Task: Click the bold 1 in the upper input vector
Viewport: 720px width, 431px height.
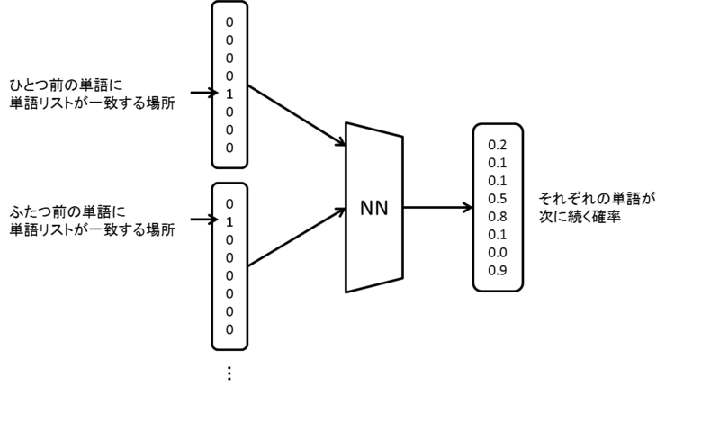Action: tap(229, 94)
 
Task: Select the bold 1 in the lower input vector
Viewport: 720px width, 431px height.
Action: tap(229, 222)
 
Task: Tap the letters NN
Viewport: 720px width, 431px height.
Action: tap(374, 208)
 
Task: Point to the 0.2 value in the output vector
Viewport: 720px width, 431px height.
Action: tap(498, 145)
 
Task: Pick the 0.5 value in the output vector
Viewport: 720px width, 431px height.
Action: tap(498, 199)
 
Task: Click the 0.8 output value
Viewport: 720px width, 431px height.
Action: tap(498, 217)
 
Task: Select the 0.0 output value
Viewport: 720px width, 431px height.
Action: tap(498, 253)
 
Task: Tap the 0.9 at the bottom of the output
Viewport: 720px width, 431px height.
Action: tap(498, 271)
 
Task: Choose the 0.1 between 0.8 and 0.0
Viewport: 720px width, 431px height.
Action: tap(498, 235)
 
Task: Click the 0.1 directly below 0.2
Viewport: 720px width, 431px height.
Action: tap(498, 163)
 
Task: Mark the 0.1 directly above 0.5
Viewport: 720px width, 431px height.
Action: tap(498, 181)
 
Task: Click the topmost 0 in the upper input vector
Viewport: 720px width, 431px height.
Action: tap(229, 22)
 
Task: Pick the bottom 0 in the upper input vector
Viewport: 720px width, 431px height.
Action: tap(229, 148)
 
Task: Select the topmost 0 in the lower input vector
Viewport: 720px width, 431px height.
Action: tap(229, 204)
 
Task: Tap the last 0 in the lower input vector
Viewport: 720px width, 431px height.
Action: tap(229, 330)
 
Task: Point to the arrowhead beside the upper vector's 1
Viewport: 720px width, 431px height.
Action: tap(216, 94)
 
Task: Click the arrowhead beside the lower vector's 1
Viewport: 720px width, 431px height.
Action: tap(216, 220)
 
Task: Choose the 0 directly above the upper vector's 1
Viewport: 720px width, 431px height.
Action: tap(229, 76)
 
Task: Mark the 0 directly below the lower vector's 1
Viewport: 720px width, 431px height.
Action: tap(229, 240)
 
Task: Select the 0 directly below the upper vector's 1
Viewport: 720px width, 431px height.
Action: tap(229, 112)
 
